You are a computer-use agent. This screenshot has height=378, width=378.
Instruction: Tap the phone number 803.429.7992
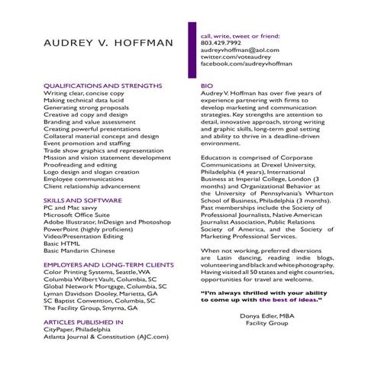[x=220, y=43]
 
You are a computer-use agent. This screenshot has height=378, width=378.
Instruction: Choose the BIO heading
[x=206, y=86]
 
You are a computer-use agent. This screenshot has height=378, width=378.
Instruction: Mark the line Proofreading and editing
[x=80, y=164]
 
